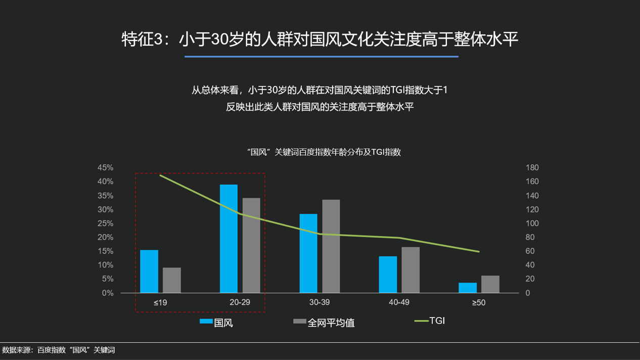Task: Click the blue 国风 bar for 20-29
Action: tap(228, 239)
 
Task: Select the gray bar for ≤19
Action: tap(172, 280)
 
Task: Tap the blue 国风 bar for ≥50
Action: tap(468, 288)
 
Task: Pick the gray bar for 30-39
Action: tap(331, 246)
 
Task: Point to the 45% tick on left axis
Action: tap(106, 168)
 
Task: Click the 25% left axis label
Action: tap(106, 223)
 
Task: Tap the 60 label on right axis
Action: tap(530, 251)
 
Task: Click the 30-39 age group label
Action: tap(319, 302)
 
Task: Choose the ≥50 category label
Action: tap(479, 302)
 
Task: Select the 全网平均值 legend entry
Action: tap(324, 322)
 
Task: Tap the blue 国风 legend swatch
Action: tap(206, 322)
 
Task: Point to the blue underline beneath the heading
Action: tap(322, 57)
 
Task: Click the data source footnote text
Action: tap(58, 350)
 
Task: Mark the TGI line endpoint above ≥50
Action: tap(479, 251)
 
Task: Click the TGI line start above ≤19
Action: tap(160, 175)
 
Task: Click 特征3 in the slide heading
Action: tap(142, 39)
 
